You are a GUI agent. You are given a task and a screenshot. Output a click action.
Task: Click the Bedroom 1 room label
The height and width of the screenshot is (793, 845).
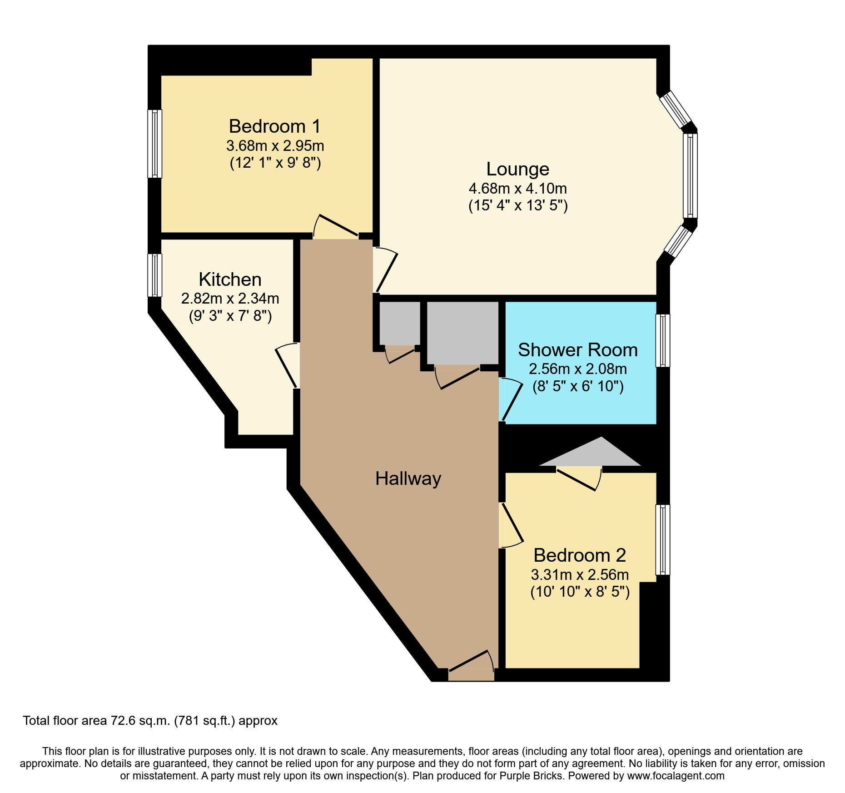tap(274, 126)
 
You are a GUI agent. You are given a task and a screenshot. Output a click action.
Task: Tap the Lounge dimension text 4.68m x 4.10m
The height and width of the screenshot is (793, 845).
tap(517, 188)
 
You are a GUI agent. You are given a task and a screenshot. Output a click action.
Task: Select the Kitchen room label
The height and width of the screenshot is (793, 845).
tap(230, 279)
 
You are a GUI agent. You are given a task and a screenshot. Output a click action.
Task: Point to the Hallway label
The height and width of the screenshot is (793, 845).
tap(408, 479)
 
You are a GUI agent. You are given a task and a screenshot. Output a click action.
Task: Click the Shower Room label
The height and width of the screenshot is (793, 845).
tap(577, 350)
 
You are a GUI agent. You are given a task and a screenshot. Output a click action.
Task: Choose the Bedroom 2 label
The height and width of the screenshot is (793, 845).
tap(579, 555)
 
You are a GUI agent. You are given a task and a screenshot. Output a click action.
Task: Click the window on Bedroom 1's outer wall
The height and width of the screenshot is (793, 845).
tap(155, 144)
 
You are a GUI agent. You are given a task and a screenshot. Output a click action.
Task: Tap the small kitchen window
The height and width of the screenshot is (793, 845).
tap(155, 275)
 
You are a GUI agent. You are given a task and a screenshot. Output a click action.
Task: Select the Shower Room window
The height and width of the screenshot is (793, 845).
tap(663, 340)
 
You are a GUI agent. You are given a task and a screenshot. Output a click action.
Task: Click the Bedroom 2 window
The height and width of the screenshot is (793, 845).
tap(663, 539)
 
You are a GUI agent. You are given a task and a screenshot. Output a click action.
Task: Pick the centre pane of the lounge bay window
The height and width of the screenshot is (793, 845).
tap(690, 175)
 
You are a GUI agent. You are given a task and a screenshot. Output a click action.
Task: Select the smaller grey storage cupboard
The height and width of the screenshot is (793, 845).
tap(399, 324)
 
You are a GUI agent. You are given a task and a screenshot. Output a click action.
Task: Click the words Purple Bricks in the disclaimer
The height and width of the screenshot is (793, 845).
tap(531, 776)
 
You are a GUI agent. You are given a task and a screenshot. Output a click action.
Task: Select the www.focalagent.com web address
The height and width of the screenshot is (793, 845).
tap(676, 776)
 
